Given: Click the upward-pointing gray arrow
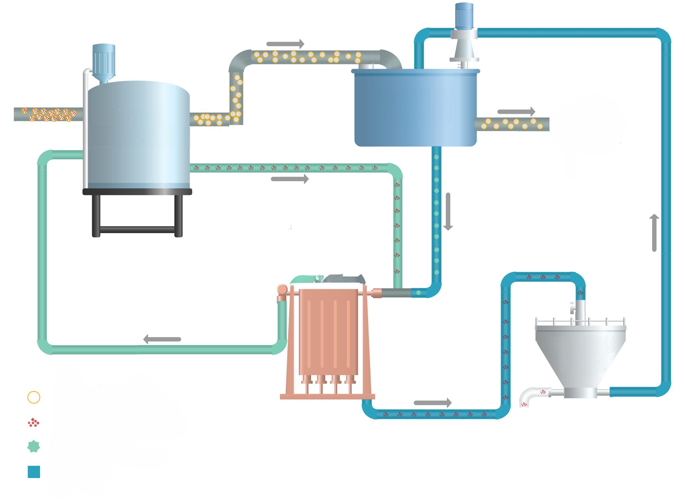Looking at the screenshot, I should point(654,233).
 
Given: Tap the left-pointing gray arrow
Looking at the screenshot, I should point(162,339).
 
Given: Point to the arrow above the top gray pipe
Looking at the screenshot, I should point(285,44).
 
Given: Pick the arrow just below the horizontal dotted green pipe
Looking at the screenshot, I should point(290,179).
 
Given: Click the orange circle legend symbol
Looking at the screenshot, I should point(34,397).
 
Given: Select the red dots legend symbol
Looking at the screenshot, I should point(34,423).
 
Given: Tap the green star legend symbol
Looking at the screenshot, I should point(34,447).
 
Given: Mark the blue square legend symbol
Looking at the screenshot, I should point(34,472).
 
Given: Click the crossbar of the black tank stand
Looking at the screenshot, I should point(137,230).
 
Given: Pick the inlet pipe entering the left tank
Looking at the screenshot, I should point(48,114).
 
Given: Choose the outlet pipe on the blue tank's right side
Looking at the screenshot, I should point(512,124).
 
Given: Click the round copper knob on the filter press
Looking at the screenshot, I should point(282,290).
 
